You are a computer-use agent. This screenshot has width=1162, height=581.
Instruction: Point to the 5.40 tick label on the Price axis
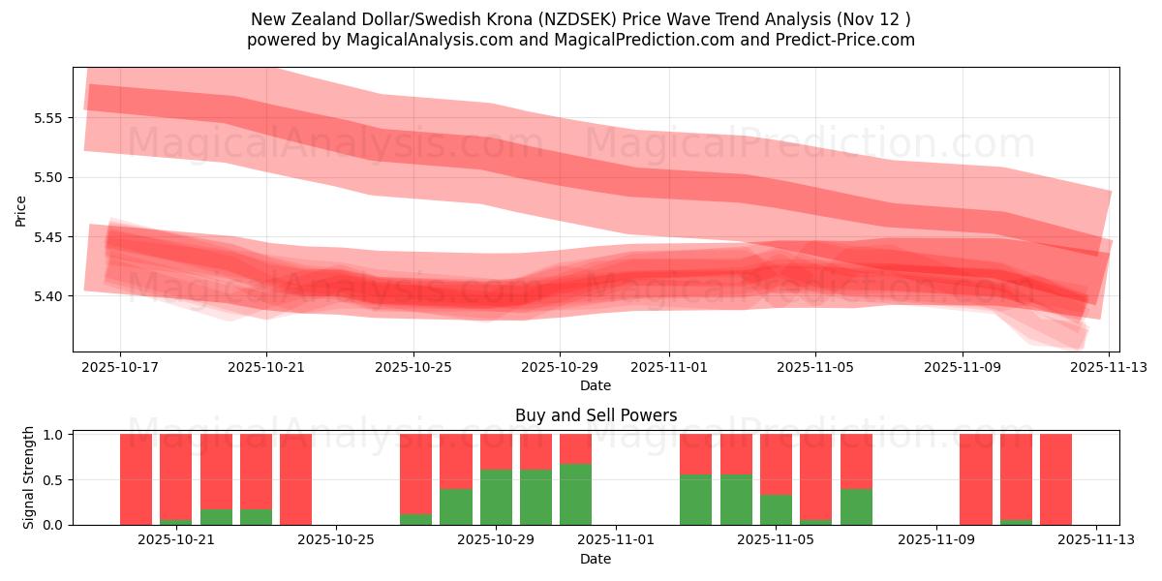(x=48, y=296)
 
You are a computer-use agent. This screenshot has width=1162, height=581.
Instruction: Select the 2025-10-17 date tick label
(x=120, y=368)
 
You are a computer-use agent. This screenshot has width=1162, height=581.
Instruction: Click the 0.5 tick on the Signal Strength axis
(x=54, y=479)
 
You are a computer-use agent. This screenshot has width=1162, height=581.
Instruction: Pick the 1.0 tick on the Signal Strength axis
(x=54, y=435)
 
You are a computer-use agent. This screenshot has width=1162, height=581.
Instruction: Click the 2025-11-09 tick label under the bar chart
(x=936, y=540)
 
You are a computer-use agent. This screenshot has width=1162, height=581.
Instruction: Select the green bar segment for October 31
(x=575, y=494)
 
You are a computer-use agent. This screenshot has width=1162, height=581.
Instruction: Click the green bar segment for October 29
(x=496, y=497)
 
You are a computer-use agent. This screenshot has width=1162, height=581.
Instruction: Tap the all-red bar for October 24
(x=295, y=479)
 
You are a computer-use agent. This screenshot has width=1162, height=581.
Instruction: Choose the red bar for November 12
(x=1055, y=479)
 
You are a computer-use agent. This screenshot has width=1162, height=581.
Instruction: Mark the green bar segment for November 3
(x=695, y=499)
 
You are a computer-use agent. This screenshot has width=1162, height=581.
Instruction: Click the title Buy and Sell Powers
(x=596, y=415)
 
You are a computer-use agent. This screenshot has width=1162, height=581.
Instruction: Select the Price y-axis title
(x=21, y=210)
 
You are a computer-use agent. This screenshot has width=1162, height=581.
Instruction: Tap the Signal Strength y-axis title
(x=29, y=477)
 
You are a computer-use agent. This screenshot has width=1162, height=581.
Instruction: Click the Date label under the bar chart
(x=596, y=559)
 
